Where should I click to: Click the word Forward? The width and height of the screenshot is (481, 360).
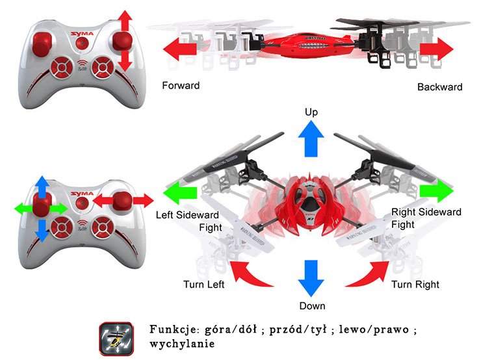coord(181,86)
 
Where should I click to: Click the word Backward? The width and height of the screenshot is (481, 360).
coord(439,87)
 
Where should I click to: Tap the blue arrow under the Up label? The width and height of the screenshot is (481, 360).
coord(311,140)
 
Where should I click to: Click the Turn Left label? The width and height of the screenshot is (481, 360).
coord(204,284)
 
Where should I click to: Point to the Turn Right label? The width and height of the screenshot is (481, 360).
coord(415,285)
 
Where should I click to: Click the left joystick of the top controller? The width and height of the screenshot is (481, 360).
coord(41,43)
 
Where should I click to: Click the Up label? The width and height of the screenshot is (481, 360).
coord(311,112)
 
